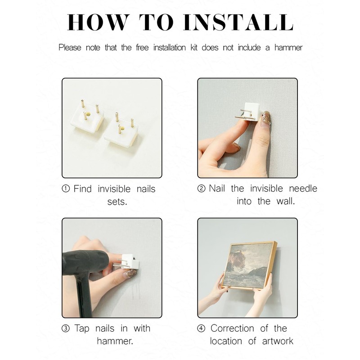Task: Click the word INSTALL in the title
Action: tap(238, 22)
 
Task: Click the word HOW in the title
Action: tap(97, 22)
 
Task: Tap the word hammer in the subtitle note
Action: tap(288, 48)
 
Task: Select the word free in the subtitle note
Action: tap(142, 48)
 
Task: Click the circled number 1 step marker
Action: tap(66, 189)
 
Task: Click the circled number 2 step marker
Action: tap(201, 189)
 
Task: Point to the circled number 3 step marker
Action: tap(66, 328)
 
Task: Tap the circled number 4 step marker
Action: tap(201, 328)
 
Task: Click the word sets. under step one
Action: tap(117, 202)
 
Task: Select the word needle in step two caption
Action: tap(303, 189)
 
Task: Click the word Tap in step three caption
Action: tap(82, 329)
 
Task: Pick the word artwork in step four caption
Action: tap(278, 341)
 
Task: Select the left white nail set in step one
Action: tap(87, 119)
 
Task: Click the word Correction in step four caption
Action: tap(232, 328)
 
